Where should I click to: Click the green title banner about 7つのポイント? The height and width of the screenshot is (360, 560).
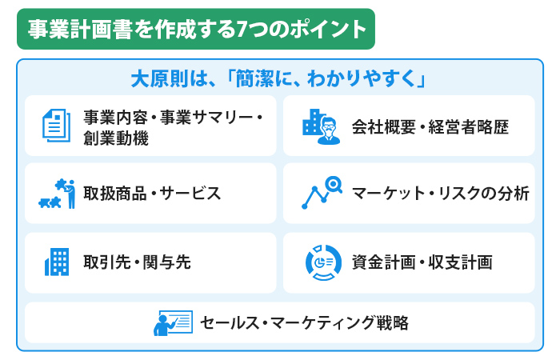196,29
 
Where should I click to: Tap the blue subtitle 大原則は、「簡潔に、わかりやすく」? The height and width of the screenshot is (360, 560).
278,78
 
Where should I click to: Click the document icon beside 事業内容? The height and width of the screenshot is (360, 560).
57,126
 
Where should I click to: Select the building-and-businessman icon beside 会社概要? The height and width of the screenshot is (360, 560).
321,126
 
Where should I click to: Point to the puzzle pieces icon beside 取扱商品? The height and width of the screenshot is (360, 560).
57,194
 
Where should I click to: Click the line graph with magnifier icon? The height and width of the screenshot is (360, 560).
322,193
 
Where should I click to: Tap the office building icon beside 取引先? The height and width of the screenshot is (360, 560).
57,262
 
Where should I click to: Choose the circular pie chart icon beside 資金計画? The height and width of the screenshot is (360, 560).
323,262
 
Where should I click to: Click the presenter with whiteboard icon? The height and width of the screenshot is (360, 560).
174,323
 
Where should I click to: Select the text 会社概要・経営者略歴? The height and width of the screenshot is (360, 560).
430,126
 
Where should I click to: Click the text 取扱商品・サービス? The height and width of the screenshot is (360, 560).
152,194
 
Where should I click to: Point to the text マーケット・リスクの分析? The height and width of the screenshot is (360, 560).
440,194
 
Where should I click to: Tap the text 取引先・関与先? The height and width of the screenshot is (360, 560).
137,262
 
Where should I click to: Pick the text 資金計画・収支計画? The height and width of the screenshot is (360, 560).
422,262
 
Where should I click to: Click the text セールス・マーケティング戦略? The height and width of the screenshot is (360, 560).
304,323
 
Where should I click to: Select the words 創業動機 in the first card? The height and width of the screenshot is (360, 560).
116,138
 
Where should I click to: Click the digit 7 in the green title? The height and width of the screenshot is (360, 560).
242,30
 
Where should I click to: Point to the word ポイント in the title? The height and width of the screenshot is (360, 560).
327,30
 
